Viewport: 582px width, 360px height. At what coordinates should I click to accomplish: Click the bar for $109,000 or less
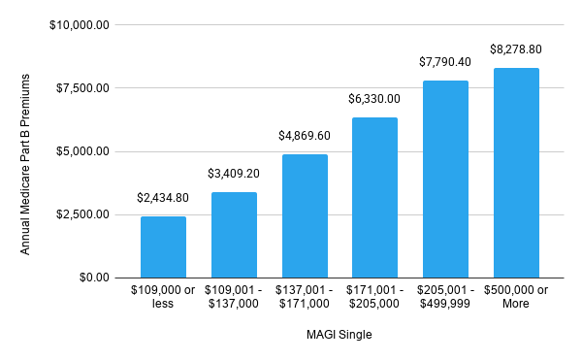[163, 247]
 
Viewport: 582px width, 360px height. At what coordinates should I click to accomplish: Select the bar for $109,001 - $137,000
[234, 235]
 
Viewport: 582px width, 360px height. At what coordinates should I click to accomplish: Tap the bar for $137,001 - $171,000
[305, 216]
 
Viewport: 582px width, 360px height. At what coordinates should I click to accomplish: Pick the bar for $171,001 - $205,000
[374, 198]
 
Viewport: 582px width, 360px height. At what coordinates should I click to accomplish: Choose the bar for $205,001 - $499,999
[445, 180]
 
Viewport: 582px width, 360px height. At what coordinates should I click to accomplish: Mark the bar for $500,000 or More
[516, 173]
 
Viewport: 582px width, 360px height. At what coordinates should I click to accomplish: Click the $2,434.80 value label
[163, 198]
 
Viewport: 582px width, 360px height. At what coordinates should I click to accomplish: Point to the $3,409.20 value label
[234, 174]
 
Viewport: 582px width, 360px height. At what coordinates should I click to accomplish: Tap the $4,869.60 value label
[305, 136]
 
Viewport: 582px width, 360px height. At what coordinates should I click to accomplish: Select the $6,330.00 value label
[374, 99]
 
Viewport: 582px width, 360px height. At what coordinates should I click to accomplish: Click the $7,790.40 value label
[445, 62]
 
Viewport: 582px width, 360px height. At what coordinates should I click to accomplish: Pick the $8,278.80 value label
[516, 49]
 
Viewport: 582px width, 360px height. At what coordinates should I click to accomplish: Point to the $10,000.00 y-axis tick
[81, 25]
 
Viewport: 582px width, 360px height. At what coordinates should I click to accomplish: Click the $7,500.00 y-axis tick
[84, 88]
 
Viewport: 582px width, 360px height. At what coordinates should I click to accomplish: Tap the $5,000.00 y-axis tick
[84, 151]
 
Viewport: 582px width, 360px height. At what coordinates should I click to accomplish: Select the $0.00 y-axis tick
[95, 278]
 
